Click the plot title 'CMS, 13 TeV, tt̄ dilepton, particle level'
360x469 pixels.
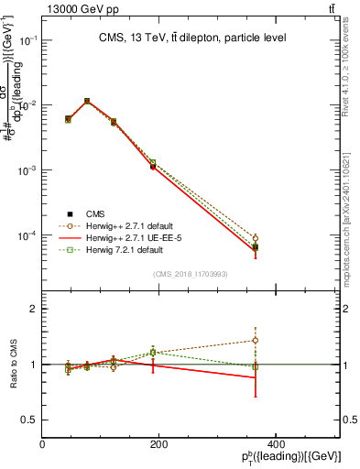click(x=192, y=38)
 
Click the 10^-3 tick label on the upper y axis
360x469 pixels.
click(x=29, y=171)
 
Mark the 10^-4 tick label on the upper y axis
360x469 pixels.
click(x=29, y=236)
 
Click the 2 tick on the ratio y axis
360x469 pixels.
click(x=33, y=309)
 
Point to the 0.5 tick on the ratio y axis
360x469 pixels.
click(x=29, y=420)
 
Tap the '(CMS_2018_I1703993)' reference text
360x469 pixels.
click(x=191, y=274)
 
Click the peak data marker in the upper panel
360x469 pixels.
click(x=87, y=101)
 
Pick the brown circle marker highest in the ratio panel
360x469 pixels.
click(x=256, y=340)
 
